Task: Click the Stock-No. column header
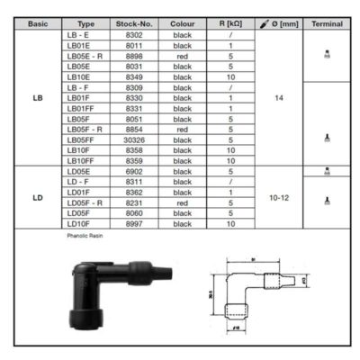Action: (134, 24)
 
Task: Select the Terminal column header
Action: (327, 24)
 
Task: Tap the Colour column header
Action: (183, 24)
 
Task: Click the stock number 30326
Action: (134, 139)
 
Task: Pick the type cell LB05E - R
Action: (86, 55)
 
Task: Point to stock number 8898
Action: (134, 55)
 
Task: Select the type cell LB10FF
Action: (86, 160)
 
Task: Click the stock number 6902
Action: (134, 171)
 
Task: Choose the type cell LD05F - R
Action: (86, 202)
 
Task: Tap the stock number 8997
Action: (134, 223)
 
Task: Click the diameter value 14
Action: (279, 97)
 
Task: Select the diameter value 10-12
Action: (279, 197)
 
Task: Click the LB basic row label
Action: (37, 97)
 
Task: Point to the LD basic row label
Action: (37, 197)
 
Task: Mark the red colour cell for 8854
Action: (183, 129)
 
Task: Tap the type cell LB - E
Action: (86, 34)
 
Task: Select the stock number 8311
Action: (134, 181)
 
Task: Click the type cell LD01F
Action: (86, 192)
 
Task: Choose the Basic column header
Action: (37, 24)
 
